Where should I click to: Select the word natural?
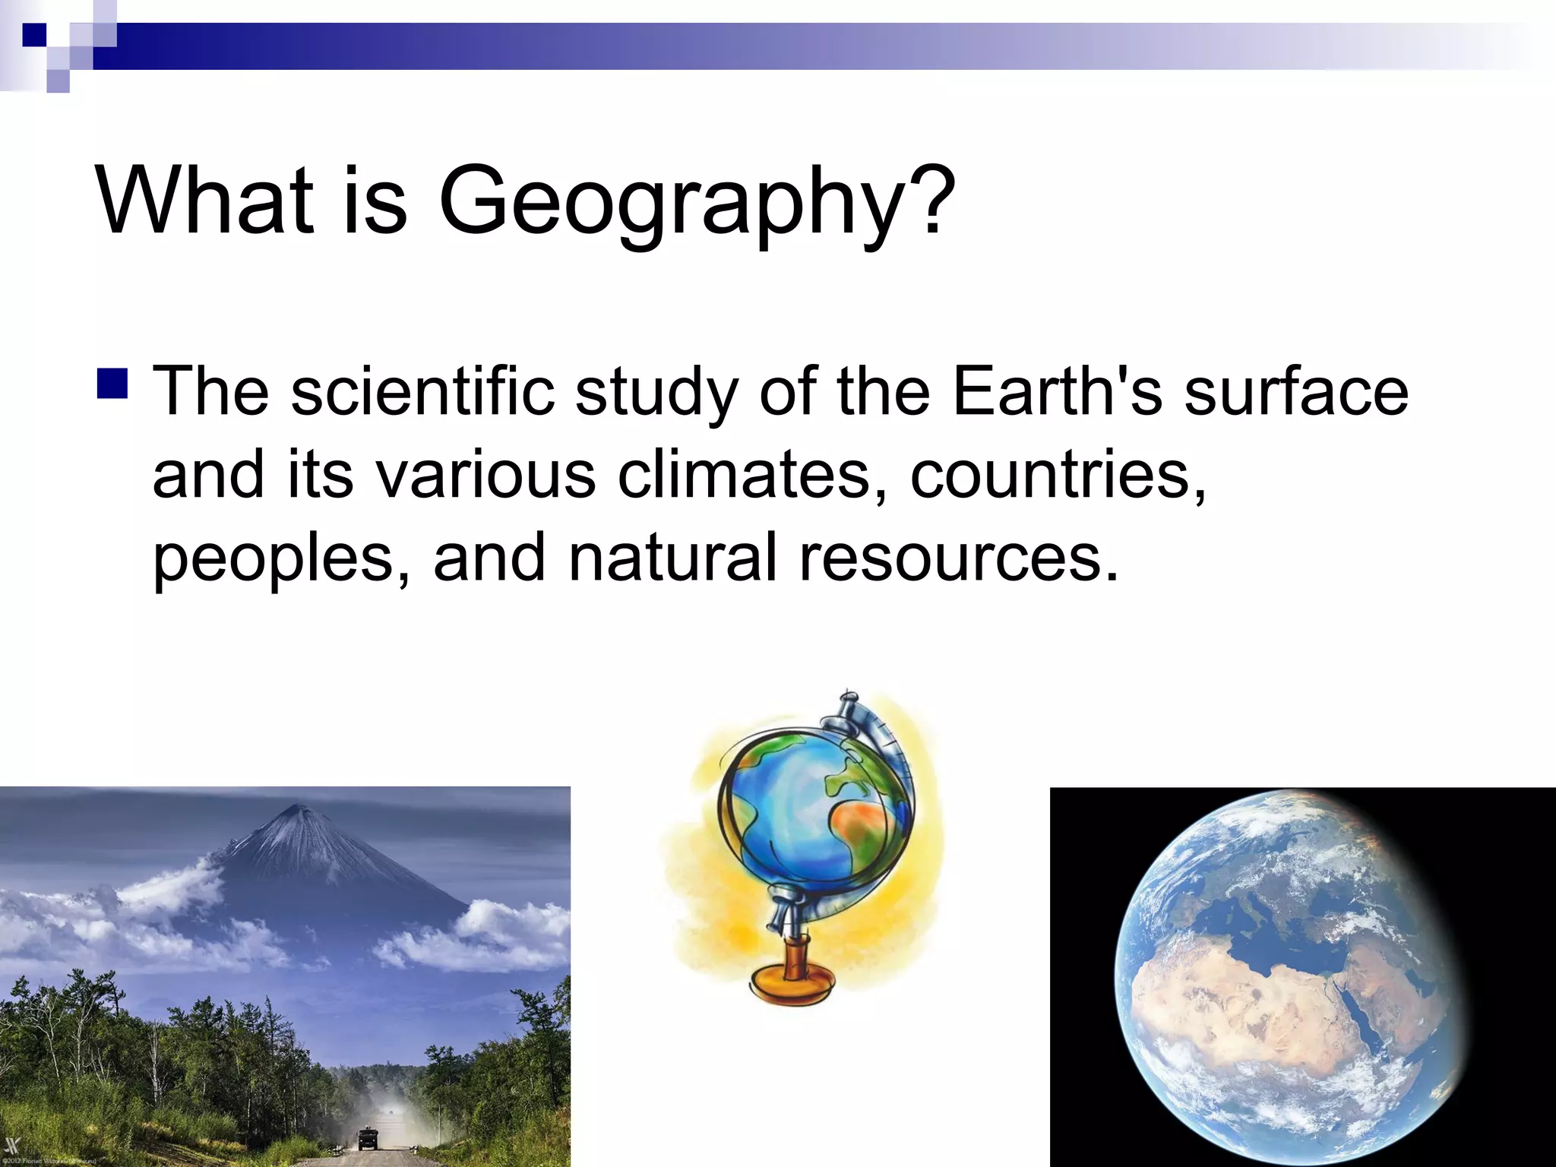click(x=673, y=557)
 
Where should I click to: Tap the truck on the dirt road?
click(x=368, y=1137)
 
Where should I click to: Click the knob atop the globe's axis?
click(x=848, y=695)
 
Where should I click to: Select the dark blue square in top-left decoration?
click(x=34, y=35)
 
